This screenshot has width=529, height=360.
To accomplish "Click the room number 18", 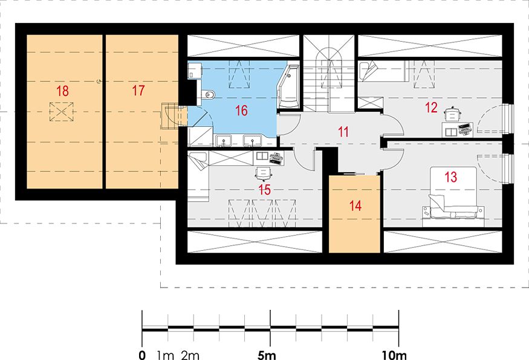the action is click(x=62, y=91).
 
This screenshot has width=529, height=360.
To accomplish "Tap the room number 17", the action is click(x=138, y=91).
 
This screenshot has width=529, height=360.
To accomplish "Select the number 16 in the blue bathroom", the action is click(x=242, y=111).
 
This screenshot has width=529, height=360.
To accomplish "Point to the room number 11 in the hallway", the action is click(x=343, y=132).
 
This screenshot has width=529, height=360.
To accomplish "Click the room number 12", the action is click(x=431, y=108).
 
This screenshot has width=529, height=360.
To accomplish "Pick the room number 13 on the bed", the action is click(x=451, y=177).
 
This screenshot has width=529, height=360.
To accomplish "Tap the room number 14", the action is click(x=355, y=205).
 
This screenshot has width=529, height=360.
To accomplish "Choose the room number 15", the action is click(x=265, y=190).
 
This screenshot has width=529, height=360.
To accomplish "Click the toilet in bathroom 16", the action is click(x=207, y=94).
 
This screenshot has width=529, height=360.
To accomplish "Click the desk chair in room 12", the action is click(x=453, y=114).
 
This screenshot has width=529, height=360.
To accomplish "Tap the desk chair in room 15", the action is click(x=264, y=173).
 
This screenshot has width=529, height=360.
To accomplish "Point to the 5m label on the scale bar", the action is click(x=267, y=355).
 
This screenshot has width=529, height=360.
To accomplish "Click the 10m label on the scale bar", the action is click(x=394, y=355).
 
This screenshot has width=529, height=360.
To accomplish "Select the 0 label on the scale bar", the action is click(x=142, y=355).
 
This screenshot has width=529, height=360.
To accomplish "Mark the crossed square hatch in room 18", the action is click(x=62, y=112).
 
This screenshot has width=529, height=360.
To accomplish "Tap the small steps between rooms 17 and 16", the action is click(x=170, y=117).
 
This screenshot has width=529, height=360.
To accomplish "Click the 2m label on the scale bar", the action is click(x=190, y=355).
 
